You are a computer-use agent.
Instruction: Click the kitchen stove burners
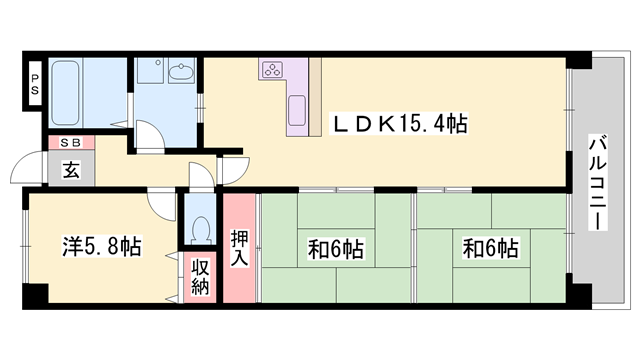[x=273, y=70]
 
